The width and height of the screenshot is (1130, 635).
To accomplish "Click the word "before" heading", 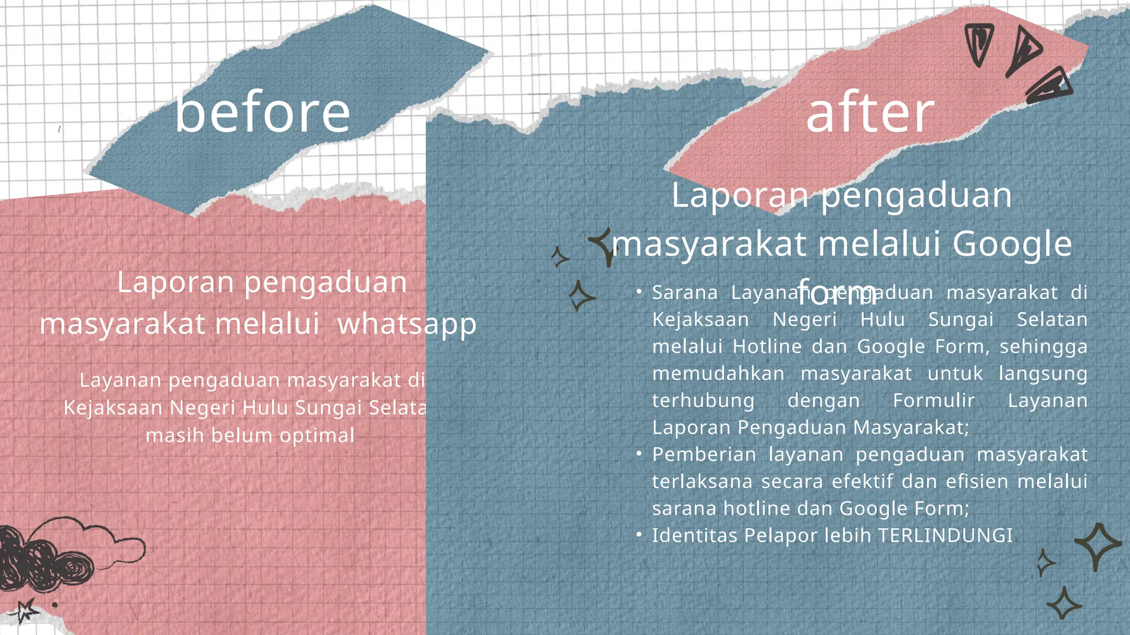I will click(x=263, y=113).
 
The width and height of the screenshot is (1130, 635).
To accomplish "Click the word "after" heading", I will click(x=870, y=113).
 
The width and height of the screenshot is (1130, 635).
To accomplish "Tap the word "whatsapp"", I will click(x=407, y=324).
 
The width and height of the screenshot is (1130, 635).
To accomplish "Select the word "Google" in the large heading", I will click(x=1012, y=244).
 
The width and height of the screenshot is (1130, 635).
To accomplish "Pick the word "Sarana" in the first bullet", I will click(x=685, y=292).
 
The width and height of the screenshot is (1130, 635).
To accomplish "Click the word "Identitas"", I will click(x=695, y=535).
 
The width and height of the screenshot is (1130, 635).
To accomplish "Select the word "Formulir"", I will click(x=934, y=400).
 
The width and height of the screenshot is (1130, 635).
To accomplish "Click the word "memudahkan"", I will click(x=718, y=373).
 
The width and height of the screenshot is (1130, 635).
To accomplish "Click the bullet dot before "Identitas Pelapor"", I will click(x=638, y=534).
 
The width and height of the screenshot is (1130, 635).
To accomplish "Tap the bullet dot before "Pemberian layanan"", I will click(x=638, y=453).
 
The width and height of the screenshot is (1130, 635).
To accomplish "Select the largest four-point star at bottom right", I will click(x=1097, y=545).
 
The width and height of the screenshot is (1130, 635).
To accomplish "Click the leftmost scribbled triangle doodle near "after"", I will click(x=979, y=44).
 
